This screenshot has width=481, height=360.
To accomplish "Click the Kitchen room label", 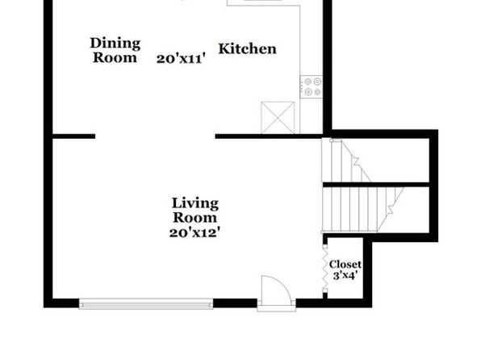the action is pos(247,49).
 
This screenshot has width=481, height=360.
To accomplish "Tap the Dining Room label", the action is pos(115,50).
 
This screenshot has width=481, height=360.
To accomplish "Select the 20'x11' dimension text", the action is pos(181,59).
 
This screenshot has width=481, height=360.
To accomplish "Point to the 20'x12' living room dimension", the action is pos(194,232).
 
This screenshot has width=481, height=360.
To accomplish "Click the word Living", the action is pos(195,204).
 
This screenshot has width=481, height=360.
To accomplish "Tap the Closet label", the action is pos(345,264).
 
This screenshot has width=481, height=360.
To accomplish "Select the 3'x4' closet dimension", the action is pos(345,275).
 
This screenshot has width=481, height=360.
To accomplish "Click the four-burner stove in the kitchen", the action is pos(312,87).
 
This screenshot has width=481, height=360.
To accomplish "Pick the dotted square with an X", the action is pos(278,118).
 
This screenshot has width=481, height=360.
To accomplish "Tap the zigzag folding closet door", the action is pos(325,269).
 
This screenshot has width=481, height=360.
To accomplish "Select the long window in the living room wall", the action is pos(146,303).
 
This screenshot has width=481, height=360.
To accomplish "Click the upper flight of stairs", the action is pos(346,160).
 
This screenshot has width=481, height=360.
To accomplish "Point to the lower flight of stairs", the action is pos(362,209).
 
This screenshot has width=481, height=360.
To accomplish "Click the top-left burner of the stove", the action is pos(307,82).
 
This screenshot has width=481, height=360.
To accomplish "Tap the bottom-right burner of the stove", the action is pos(317,92).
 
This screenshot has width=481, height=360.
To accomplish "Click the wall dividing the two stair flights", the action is pos(376,185).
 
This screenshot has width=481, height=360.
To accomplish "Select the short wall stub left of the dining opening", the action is pos(74,136).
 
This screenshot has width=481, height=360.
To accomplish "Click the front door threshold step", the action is pos(276,308).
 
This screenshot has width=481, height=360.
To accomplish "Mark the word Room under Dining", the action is pos(115,57).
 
